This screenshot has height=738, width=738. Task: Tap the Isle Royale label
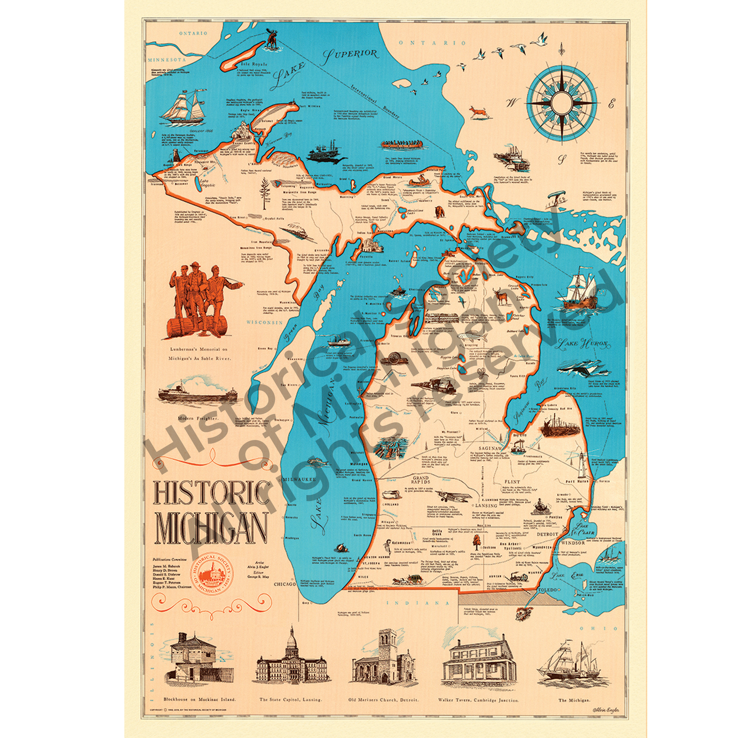(x=254, y=64)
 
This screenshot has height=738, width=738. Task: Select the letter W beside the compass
(x=512, y=103)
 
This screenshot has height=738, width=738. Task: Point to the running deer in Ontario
(x=480, y=111)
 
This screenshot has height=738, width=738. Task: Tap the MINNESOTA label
(x=167, y=60)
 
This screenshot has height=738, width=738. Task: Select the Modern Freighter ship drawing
(x=197, y=392)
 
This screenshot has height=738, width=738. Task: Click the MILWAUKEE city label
(x=299, y=480)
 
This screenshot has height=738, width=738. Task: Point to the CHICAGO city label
(x=284, y=584)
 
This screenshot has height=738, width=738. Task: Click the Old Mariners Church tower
(x=387, y=645)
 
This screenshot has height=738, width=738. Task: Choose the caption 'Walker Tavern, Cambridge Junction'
(x=478, y=700)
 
